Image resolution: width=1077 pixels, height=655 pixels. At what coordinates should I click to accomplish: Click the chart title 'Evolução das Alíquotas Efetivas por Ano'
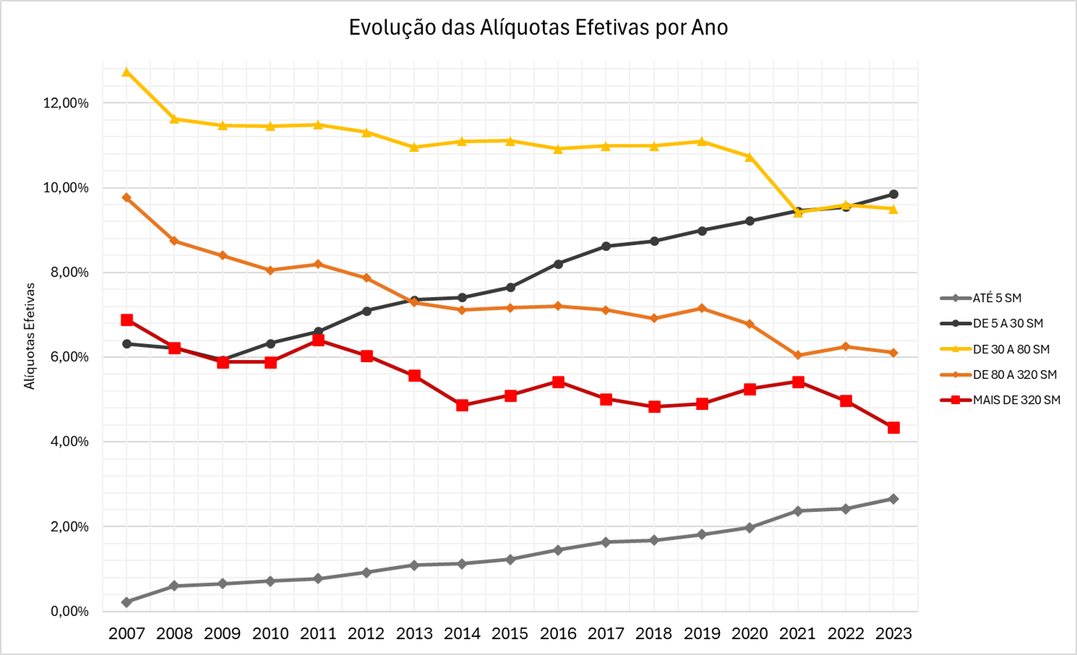pyautogui.click(x=538, y=27)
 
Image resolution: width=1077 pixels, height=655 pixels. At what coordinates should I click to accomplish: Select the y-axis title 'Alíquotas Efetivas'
pyautogui.click(x=30, y=336)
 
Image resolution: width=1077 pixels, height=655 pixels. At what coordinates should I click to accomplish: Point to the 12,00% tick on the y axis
pyautogui.click(x=66, y=103)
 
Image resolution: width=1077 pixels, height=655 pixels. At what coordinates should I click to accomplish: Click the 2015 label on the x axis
pyautogui.click(x=510, y=633)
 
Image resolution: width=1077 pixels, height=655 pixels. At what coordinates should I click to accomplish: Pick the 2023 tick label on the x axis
pyautogui.click(x=894, y=633)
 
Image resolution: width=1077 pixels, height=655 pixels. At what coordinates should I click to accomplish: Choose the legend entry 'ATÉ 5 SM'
pyautogui.click(x=997, y=298)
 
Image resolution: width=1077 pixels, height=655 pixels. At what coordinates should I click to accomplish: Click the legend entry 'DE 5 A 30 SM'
pyautogui.click(x=1008, y=324)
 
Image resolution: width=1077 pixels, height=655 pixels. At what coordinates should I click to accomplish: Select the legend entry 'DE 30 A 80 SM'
pyautogui.click(x=1011, y=349)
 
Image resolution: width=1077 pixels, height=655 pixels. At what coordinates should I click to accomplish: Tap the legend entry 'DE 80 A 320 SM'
pyautogui.click(x=1015, y=374)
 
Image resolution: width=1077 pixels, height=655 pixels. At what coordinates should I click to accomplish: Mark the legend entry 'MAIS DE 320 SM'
pyautogui.click(x=1016, y=400)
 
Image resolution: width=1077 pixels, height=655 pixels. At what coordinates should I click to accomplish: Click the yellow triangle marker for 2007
pyautogui.click(x=126, y=72)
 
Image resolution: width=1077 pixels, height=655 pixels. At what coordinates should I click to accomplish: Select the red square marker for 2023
pyautogui.click(x=894, y=428)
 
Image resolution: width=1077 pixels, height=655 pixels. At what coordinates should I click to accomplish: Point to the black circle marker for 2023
pyautogui.click(x=894, y=194)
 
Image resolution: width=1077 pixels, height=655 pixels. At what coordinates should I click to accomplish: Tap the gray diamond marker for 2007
pyautogui.click(x=126, y=602)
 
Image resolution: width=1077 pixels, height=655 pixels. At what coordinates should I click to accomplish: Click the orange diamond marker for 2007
pyautogui.click(x=126, y=198)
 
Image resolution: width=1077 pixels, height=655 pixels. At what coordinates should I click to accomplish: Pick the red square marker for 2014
pyautogui.click(x=462, y=405)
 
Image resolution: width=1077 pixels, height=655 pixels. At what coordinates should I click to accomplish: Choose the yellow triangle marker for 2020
pyautogui.click(x=750, y=157)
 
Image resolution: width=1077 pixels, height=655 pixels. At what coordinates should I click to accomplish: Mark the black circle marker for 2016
pyautogui.click(x=558, y=264)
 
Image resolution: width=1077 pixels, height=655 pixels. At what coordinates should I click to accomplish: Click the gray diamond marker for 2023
pyautogui.click(x=894, y=499)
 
